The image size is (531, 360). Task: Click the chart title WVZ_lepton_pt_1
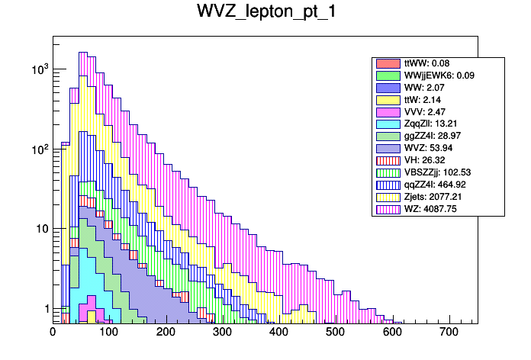pyautogui.click(x=265, y=14)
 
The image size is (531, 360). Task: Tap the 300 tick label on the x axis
pyautogui.click(x=222, y=333)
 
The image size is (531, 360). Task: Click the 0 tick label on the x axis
pyautogui.click(x=53, y=333)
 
